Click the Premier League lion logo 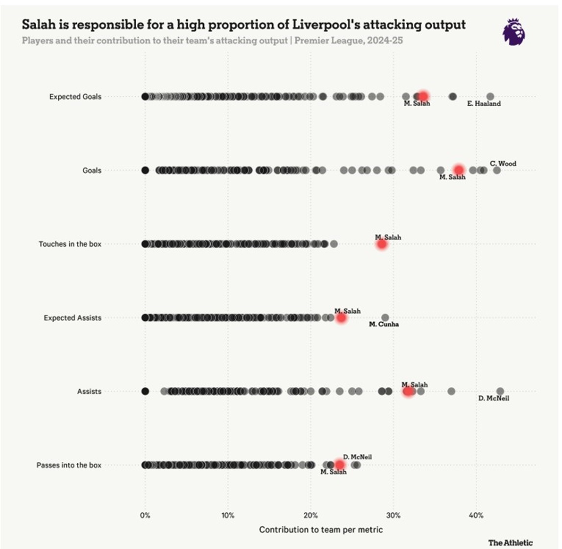514,32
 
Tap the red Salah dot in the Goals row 459,170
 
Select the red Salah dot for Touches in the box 382,244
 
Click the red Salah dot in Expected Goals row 423,97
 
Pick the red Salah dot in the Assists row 408,391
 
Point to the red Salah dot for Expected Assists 341,318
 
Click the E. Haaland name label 484,103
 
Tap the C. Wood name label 503,163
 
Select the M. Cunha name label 384,324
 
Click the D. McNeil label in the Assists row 493,398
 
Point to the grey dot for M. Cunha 385,318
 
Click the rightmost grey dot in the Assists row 500,391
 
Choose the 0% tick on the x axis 145,515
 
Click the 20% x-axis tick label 311,515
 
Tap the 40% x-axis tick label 476,515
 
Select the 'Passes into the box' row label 69,465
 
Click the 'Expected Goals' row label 75,97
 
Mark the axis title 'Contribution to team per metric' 320,529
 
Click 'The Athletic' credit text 510,543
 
